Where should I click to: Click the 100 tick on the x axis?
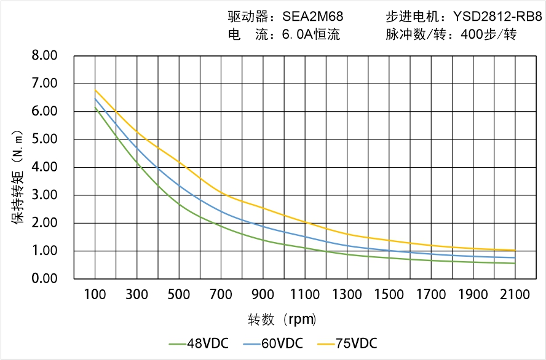(x=95, y=295)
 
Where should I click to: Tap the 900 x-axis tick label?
(x=263, y=295)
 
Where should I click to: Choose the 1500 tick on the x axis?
(x=389, y=295)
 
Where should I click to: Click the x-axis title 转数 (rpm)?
(x=282, y=319)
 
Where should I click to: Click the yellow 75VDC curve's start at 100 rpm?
(x=95, y=90)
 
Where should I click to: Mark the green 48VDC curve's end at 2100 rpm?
(x=515, y=264)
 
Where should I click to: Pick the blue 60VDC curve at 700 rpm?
(x=221, y=212)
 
